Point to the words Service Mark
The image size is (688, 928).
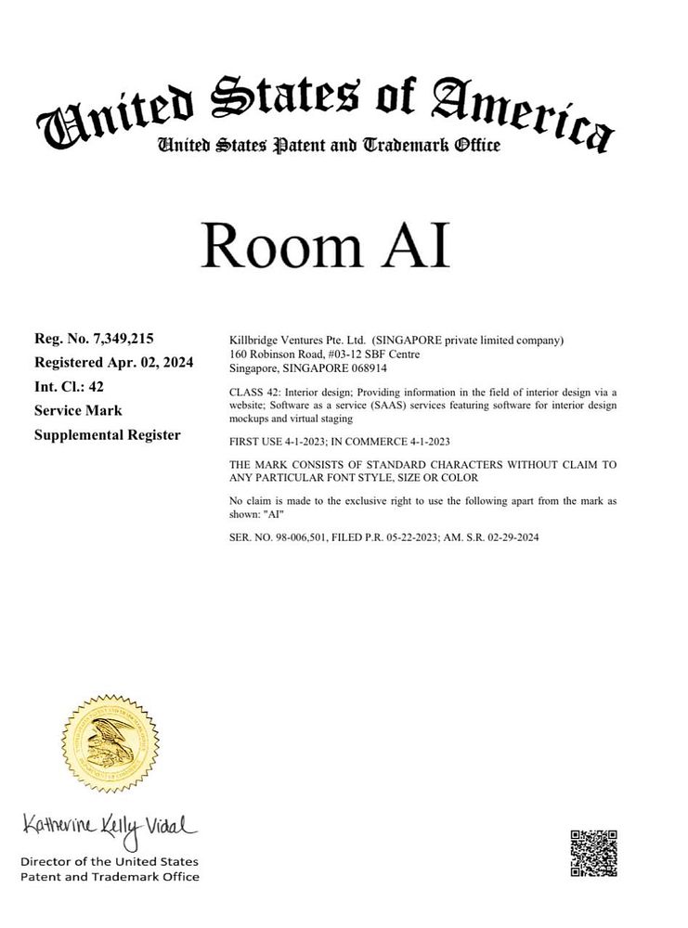click(x=78, y=410)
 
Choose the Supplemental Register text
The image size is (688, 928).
click(x=107, y=433)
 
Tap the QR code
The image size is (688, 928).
click(x=593, y=852)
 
